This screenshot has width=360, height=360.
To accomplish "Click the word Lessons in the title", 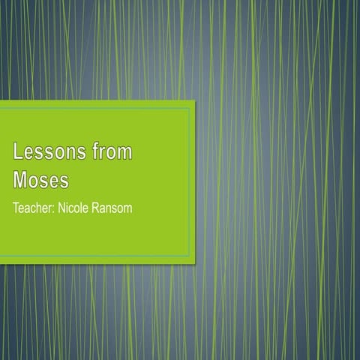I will pos(46,153).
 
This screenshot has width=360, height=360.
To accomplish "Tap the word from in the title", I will pos(109,153).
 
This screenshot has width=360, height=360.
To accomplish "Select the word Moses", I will pos(40,180).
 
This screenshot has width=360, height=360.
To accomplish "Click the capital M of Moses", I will pos(20,180).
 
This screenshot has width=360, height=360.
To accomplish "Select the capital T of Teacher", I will pos(16,207).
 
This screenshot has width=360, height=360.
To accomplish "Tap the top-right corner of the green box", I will pos(194,101).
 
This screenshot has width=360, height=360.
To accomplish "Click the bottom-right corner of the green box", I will pos(194,263).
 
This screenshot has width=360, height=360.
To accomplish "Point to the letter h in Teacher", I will pos(40,207).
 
